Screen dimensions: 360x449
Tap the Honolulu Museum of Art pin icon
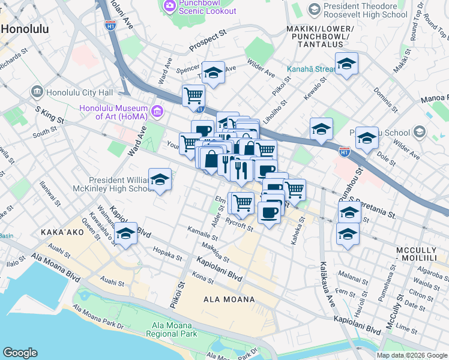[x=157, y=111]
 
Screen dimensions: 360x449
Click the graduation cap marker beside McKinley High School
[x=160, y=179]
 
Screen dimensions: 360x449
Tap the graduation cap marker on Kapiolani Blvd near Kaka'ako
[x=125, y=234]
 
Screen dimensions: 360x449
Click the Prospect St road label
[x=208, y=41]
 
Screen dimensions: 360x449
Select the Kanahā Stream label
[x=310, y=68]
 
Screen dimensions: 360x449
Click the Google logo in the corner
[x=20, y=353]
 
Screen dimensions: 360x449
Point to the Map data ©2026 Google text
[x=412, y=355]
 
